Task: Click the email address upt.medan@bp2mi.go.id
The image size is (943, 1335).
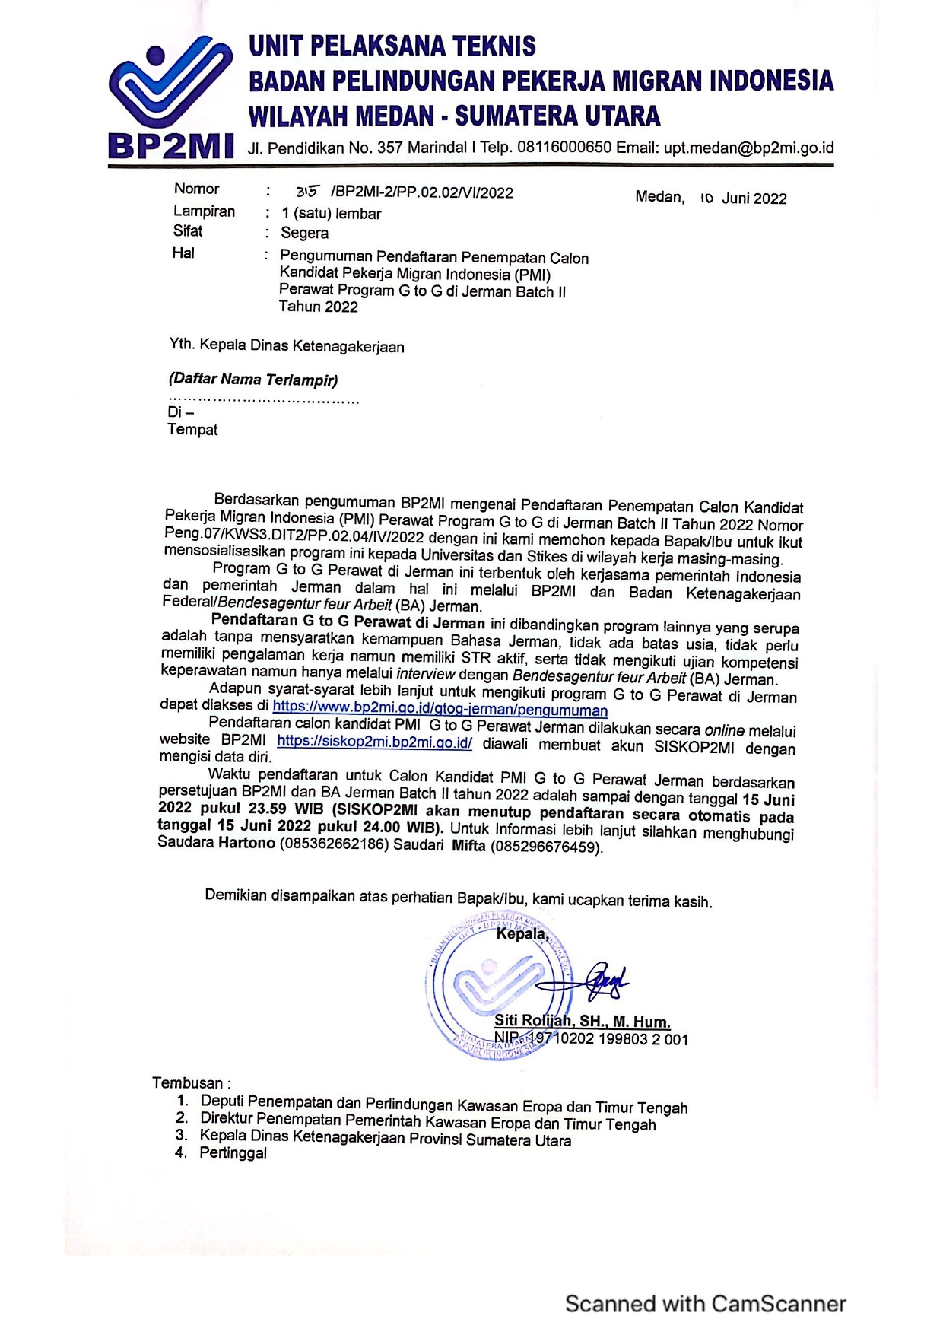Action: point(748,148)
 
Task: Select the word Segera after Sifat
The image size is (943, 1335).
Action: point(304,233)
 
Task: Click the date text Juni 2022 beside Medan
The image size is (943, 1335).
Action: point(754,199)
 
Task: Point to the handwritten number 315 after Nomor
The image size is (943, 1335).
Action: point(307,192)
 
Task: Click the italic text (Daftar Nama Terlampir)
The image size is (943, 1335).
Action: point(253,379)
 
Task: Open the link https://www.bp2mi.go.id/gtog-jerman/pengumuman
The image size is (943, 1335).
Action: point(440,710)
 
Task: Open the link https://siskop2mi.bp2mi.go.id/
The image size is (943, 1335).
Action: point(374,742)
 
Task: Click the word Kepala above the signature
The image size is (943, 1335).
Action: point(522,933)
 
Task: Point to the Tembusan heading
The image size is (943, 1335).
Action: point(190,1082)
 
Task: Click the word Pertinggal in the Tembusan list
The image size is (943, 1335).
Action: point(233,1152)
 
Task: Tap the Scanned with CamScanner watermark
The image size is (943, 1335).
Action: point(705,1303)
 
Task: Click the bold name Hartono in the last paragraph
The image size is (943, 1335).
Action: point(246,843)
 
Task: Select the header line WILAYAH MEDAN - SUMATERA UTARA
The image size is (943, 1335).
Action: point(454,116)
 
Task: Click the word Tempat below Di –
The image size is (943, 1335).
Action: point(192,430)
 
